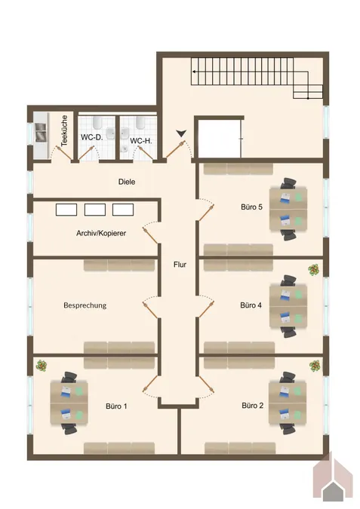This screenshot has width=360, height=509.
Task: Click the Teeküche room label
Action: pyautogui.click(x=64, y=130)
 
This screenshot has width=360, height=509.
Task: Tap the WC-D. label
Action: pyautogui.click(x=91, y=137)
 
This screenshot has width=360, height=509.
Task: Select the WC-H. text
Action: pyautogui.click(x=141, y=141)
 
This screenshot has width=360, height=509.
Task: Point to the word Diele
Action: pyautogui.click(x=127, y=182)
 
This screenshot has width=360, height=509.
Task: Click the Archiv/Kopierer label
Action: pyautogui.click(x=101, y=233)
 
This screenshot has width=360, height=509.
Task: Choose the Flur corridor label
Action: pyautogui.click(x=180, y=265)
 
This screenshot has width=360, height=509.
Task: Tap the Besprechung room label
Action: pyautogui.click(x=85, y=305)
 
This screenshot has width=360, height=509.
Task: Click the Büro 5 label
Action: pyautogui.click(x=251, y=207)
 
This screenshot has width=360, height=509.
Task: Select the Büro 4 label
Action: pyautogui.click(x=251, y=305)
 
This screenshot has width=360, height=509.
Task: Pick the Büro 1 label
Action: pyautogui.click(x=116, y=406)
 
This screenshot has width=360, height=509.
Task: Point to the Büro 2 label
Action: pyautogui.click(x=253, y=406)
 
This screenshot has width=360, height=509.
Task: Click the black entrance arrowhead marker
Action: pyautogui.click(x=181, y=133)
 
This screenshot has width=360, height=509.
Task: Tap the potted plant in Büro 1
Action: pyautogui.click(x=42, y=365)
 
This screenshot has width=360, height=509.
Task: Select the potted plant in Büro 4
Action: pyautogui.click(x=313, y=270)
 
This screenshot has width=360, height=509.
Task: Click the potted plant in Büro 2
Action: pyautogui.click(x=315, y=366)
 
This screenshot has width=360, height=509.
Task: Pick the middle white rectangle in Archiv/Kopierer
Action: pyautogui.click(x=95, y=210)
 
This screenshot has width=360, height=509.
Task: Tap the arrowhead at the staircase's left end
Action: pyautogui.click(x=194, y=72)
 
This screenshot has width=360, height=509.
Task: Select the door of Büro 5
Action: pyautogui.click(x=206, y=210)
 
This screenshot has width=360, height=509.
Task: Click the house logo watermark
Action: pyautogui.click(x=333, y=479)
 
